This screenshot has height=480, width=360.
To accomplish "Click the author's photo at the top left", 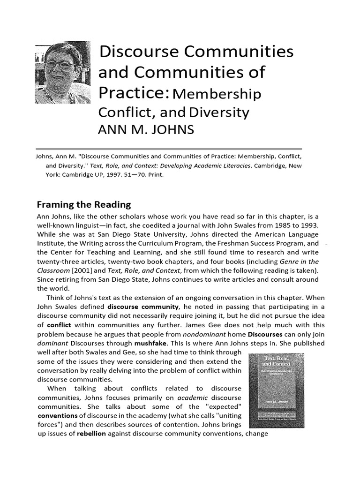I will pyautogui.click(x=63, y=72).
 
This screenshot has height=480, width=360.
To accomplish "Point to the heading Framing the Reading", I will pyautogui.click(x=84, y=204).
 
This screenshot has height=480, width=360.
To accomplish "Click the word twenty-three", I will pyautogui.click(x=56, y=262).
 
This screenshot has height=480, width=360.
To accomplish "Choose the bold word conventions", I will pyautogui.click(x=57, y=415).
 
